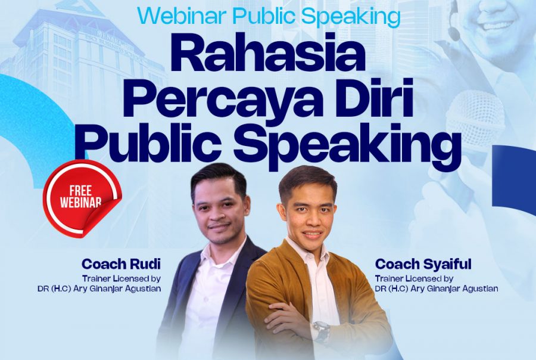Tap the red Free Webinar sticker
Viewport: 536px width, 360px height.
[82, 198]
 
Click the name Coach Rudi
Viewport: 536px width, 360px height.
[121, 264]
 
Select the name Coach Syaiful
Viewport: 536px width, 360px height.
[423, 264]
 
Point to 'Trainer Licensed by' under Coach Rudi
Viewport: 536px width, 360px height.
[121, 278]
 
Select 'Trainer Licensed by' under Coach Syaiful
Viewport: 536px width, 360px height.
[415, 278]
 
